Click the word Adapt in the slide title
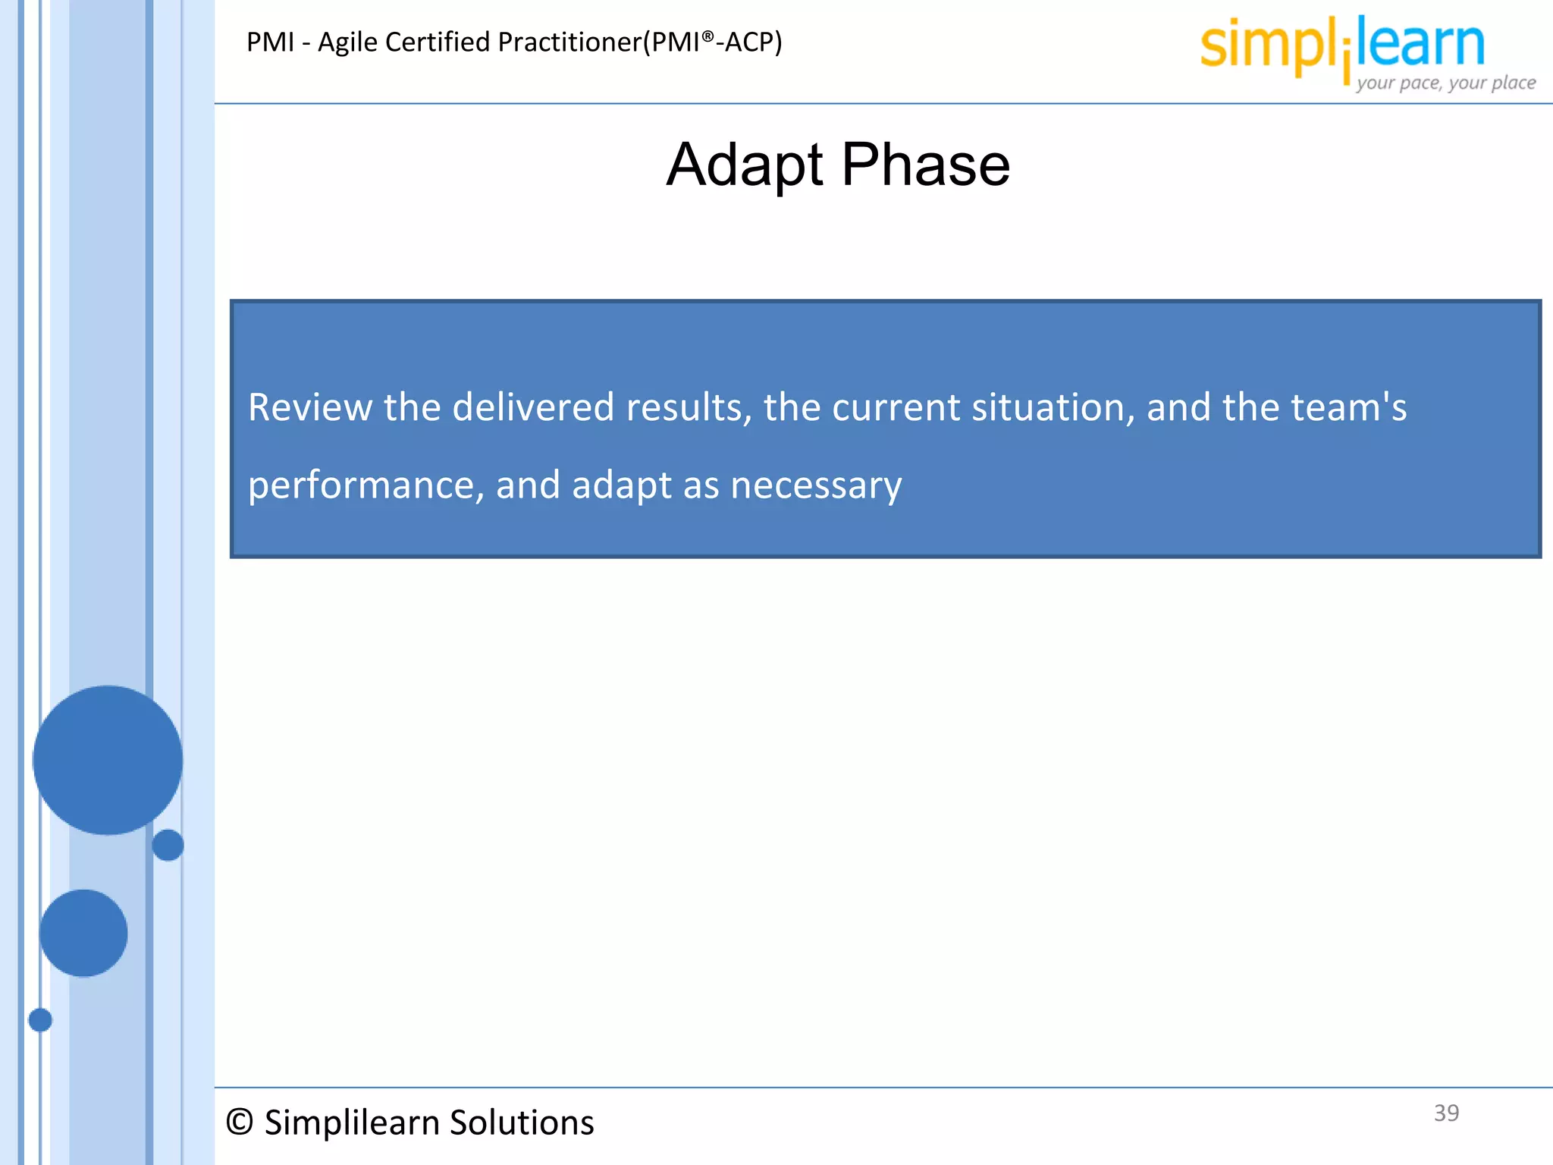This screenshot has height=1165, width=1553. pos(744,165)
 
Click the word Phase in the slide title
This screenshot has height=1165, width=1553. pos(926,165)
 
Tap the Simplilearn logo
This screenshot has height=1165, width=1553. pos(1342,46)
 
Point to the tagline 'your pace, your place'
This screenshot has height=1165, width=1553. pos(1445,83)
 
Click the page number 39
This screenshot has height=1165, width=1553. pos(1446,1113)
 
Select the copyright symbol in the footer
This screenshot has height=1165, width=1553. pos(240,1123)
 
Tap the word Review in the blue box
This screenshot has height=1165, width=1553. pos(310,407)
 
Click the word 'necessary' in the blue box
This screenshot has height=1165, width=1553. pos(816,486)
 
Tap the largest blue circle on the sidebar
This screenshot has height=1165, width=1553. pos(108,760)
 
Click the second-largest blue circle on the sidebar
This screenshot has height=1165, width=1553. pos(83,933)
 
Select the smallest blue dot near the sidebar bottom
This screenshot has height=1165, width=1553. pos(40,1020)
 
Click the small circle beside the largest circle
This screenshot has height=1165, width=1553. pos(168,845)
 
